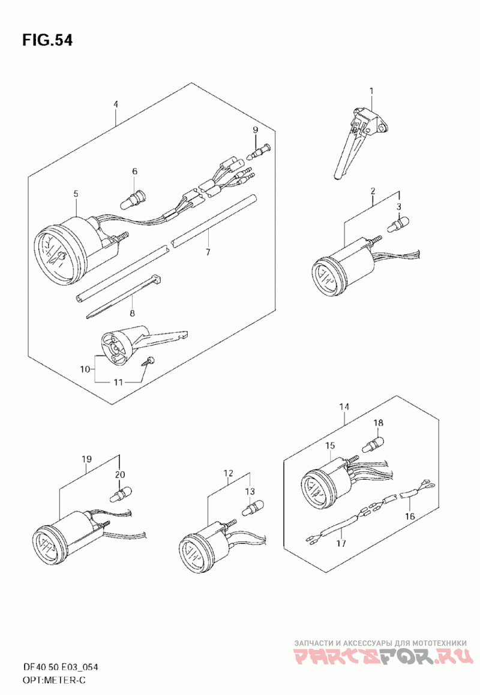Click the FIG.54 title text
click(47, 40)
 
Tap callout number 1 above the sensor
click(371, 91)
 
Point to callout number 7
click(208, 252)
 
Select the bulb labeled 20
click(119, 495)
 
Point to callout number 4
click(116, 104)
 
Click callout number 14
click(344, 407)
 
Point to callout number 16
click(410, 516)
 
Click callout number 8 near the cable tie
click(132, 313)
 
